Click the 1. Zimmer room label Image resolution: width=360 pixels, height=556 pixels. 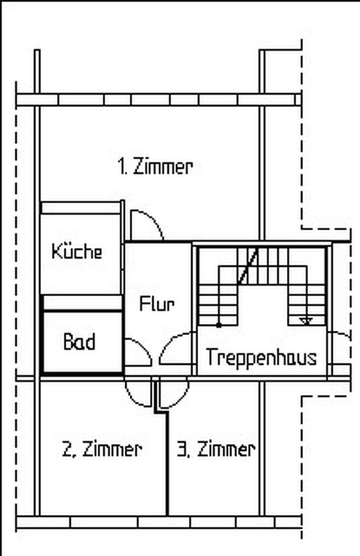(155, 167)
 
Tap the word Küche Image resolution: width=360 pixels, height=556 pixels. (77, 251)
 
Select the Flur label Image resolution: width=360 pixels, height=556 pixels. (157, 304)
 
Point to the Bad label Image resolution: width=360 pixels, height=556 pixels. (79, 342)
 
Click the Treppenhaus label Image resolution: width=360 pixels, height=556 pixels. (261, 357)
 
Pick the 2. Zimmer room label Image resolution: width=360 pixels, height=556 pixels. (101, 449)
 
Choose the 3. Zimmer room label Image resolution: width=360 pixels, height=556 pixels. (216, 449)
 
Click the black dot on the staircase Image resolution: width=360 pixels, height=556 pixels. (219, 325)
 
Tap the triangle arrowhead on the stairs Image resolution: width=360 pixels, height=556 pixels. (306, 321)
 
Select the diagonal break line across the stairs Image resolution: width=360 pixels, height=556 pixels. (248, 266)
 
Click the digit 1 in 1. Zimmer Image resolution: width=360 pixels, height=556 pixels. (122, 167)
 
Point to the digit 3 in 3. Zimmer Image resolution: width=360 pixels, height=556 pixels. (181, 449)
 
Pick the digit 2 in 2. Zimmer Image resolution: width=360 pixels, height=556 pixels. (66, 449)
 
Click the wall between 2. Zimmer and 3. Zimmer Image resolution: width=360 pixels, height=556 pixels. (167, 464)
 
